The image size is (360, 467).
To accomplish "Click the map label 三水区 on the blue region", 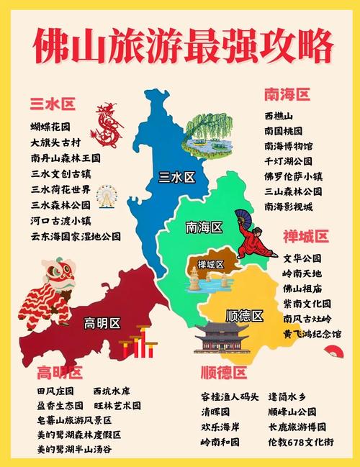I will pyautogui.click(x=176, y=178).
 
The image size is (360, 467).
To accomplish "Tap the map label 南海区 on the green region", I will pyautogui.click(x=204, y=227).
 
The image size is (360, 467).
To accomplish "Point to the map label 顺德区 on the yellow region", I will pyautogui.click(x=244, y=315).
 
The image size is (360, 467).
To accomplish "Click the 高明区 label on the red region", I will pyautogui.click(x=103, y=321).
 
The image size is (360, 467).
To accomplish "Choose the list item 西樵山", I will pyautogui.click(x=278, y=116).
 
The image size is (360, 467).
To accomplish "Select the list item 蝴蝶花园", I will pyautogui.click(x=50, y=127).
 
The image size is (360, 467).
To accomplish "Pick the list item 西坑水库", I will pyautogui.click(x=112, y=391).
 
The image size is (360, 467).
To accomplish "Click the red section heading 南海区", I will pyautogui.click(x=287, y=94).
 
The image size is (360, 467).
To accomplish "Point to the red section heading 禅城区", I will pyautogui.click(x=305, y=236).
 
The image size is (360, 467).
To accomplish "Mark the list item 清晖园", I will pyautogui.click(x=215, y=412).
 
